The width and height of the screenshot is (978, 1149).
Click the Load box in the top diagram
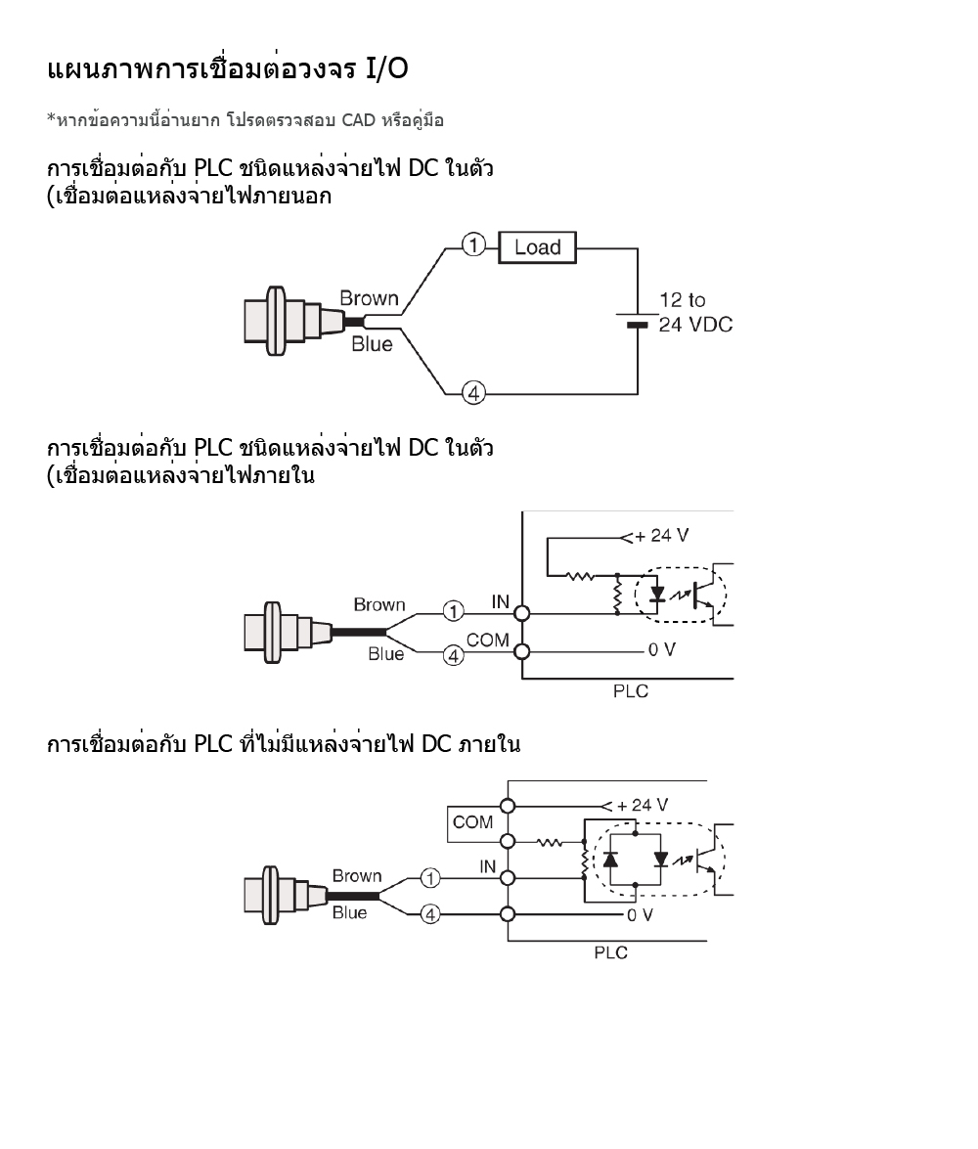(x=537, y=247)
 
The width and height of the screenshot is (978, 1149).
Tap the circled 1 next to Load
(x=473, y=244)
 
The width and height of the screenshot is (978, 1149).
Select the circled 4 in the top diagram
(x=473, y=393)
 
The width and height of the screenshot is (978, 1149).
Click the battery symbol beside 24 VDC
(x=637, y=320)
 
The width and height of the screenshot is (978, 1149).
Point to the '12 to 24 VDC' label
(x=695, y=312)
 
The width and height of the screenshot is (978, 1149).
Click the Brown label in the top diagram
(x=369, y=298)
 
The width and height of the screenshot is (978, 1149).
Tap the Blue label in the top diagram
(x=372, y=343)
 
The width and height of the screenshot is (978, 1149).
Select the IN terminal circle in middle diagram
(x=522, y=613)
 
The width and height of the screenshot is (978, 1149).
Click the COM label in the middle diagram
(x=488, y=640)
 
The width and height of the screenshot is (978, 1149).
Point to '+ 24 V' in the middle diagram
(x=661, y=536)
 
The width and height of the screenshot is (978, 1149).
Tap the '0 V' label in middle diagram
(x=661, y=649)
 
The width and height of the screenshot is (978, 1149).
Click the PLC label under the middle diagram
(x=631, y=691)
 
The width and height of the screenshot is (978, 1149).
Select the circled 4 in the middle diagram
(x=453, y=655)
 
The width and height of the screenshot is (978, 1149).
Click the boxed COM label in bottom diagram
(x=473, y=822)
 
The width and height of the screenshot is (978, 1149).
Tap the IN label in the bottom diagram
(x=488, y=866)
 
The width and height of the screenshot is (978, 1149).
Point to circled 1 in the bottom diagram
(x=430, y=877)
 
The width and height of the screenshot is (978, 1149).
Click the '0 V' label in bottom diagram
(x=640, y=914)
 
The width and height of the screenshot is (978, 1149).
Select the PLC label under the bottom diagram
(x=610, y=952)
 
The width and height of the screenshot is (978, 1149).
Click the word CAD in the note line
(x=359, y=119)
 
